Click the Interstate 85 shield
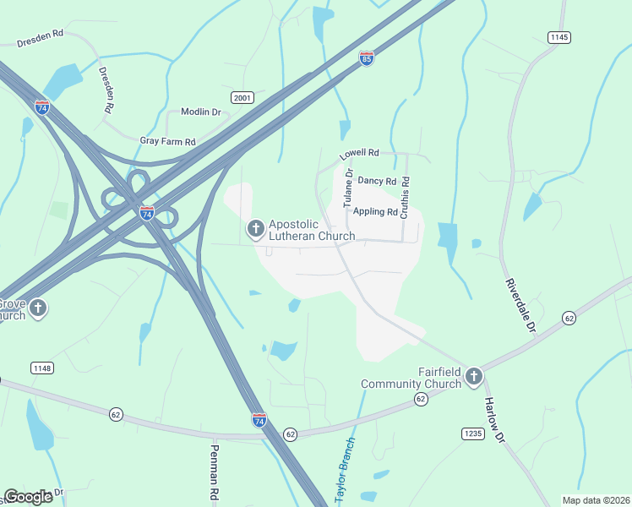click(x=366, y=59)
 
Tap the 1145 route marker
click(x=559, y=37)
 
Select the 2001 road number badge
click(x=242, y=98)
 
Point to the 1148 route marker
click(x=41, y=368)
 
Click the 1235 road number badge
click(x=473, y=433)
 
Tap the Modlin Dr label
click(x=199, y=112)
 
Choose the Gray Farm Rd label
click(x=167, y=141)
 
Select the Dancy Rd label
click(x=377, y=181)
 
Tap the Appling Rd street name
click(x=375, y=212)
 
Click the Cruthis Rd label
click(x=406, y=198)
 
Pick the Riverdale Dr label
click(x=520, y=305)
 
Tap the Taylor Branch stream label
click(x=346, y=471)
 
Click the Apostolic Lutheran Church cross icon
click(x=255, y=228)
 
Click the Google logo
click(x=29, y=496)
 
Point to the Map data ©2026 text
click(x=596, y=500)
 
